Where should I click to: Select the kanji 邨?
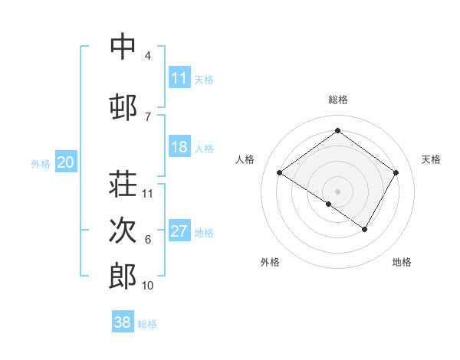tap(123, 106)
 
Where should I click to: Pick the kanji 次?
tap(123, 229)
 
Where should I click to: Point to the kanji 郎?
tap(123, 275)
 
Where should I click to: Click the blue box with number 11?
tap(179, 78)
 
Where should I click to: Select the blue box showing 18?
tap(179, 147)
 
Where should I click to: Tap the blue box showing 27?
tap(179, 231)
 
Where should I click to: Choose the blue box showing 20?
tap(66, 162)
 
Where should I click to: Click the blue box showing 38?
tap(123, 322)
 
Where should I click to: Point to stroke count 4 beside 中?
tap(147, 56)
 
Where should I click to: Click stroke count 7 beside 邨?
tap(147, 116)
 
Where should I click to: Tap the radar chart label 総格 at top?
tap(337, 100)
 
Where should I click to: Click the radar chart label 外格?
tap(270, 262)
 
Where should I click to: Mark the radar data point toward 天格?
tap(396, 173)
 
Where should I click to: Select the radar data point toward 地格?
tap(365, 229)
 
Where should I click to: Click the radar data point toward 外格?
tap(329, 204)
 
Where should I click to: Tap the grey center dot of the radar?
tap(337, 191)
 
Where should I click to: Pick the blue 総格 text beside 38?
tap(147, 324)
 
